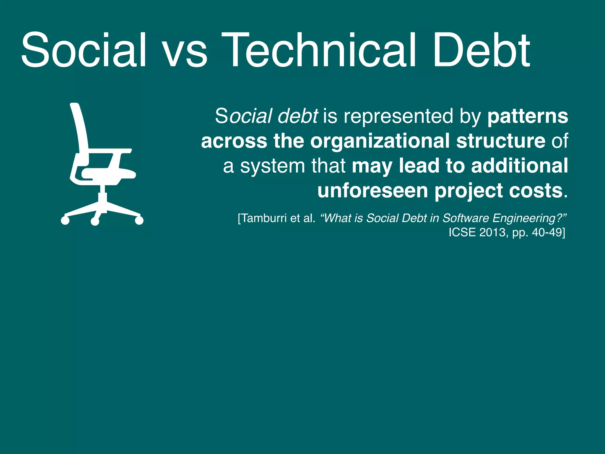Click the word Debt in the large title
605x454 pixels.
(x=481, y=50)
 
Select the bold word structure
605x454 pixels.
(x=501, y=141)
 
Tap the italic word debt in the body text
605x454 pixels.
(x=297, y=116)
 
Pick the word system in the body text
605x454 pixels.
(x=272, y=166)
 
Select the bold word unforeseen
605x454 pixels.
(x=373, y=191)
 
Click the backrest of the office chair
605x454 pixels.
(x=80, y=130)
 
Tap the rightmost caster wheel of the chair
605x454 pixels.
(x=139, y=220)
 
